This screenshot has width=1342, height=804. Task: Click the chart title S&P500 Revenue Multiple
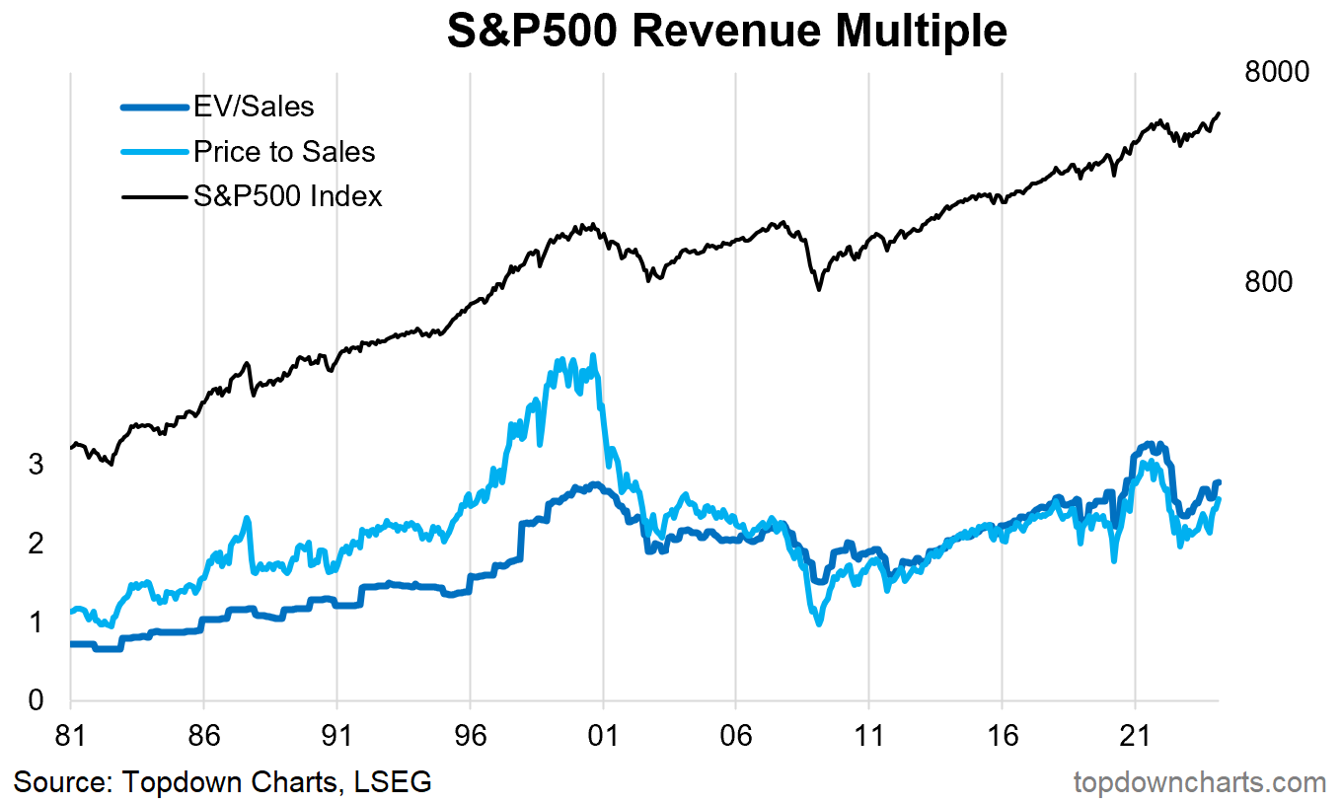click(726, 32)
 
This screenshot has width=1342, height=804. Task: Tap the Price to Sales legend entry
click(284, 151)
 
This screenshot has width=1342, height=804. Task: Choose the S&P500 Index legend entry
click(287, 196)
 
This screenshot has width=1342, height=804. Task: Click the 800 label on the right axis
click(1268, 282)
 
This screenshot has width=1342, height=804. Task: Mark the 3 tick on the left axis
click(36, 464)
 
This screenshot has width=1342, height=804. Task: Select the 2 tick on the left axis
click(36, 544)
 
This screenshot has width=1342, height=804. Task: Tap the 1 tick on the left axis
click(36, 622)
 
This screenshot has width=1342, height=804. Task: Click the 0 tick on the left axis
click(36, 700)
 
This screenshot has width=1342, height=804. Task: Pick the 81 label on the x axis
click(71, 737)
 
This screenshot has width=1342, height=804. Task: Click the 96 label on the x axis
click(470, 737)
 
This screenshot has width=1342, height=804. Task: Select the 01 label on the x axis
click(603, 737)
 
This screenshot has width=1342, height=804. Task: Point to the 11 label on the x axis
click(868, 737)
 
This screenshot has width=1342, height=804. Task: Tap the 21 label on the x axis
click(1135, 737)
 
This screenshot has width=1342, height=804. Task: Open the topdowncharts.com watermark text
click(1199, 782)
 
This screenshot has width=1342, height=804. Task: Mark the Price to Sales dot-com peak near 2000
click(592, 356)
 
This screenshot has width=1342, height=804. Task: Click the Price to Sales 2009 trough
click(818, 622)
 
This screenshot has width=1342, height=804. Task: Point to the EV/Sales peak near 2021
click(1149, 445)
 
